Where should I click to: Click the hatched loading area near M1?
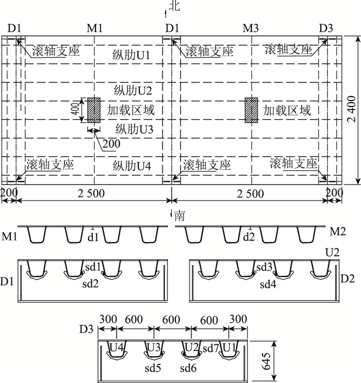click(94, 110)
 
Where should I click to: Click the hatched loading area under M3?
click(251, 110)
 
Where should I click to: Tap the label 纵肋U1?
click(132, 55)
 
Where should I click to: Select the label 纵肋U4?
click(132, 166)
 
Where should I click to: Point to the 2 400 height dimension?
click(351, 109)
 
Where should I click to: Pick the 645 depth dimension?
click(266, 361)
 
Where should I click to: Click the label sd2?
click(90, 284)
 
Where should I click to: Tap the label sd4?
click(268, 285)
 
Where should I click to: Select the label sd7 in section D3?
click(210, 349)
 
